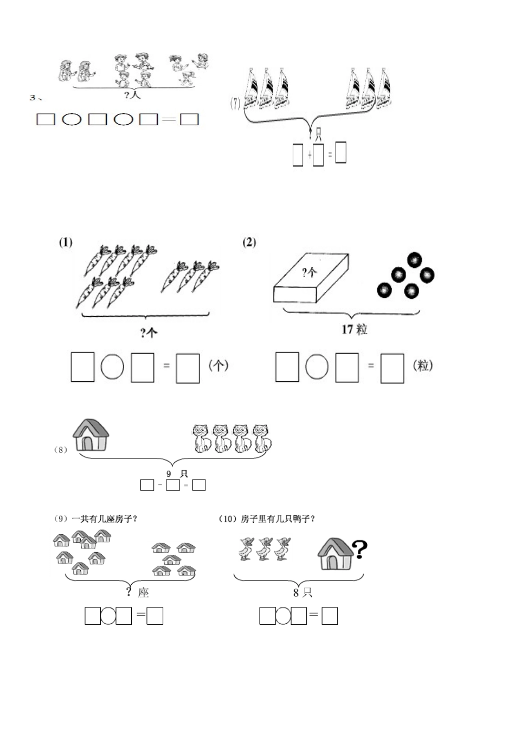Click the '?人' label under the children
(x=132, y=95)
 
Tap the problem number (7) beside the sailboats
(x=235, y=104)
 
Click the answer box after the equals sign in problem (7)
(x=340, y=152)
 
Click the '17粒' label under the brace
(x=354, y=329)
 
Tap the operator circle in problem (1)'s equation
(x=112, y=367)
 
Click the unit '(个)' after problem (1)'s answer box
(x=218, y=366)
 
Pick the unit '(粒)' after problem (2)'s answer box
(x=423, y=366)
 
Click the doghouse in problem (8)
(x=91, y=435)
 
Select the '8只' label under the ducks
(x=302, y=592)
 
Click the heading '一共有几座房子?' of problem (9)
(x=104, y=519)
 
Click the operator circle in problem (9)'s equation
(x=108, y=616)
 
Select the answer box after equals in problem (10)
(x=330, y=616)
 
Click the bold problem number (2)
(x=249, y=242)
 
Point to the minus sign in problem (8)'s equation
(x=160, y=485)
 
